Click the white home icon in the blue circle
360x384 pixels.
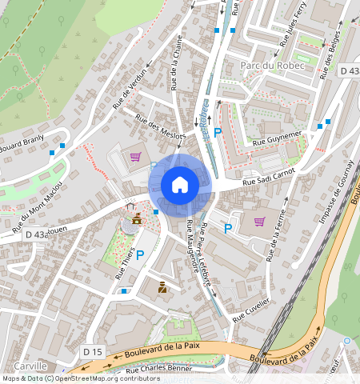coord(180,185)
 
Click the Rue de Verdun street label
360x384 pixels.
coord(130,88)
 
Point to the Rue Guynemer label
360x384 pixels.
coord(277,138)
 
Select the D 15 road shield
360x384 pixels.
coord(93,351)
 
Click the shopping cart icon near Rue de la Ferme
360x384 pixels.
coord(259,222)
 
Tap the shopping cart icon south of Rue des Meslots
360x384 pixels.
coord(135,156)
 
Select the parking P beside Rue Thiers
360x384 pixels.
coord(140,255)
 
